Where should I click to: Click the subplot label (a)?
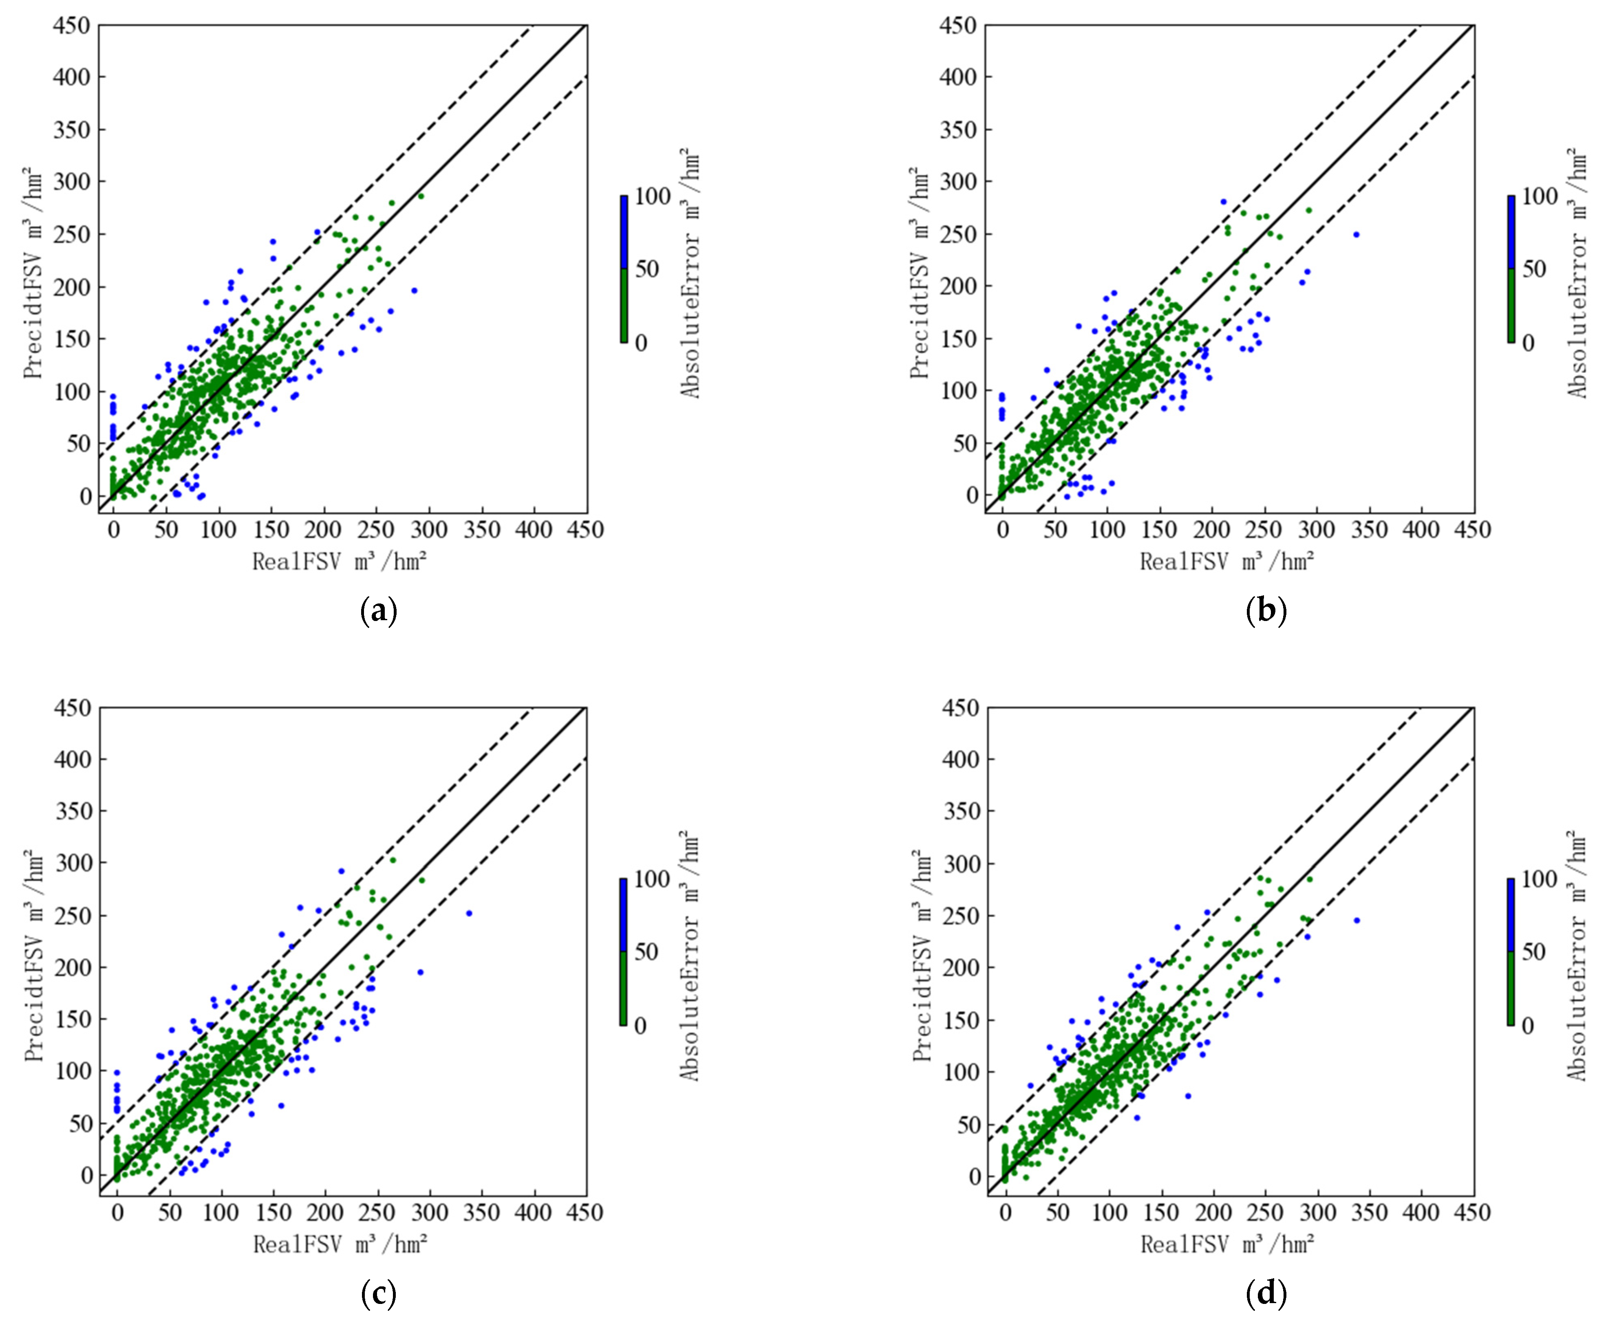[x=378, y=611]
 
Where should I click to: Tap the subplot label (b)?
[x=1266, y=611]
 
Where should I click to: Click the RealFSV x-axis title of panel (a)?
[x=339, y=562]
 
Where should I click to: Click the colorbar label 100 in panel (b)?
[x=1539, y=197]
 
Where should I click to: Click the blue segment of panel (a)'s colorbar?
[x=624, y=232]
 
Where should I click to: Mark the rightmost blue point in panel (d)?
[x=1357, y=920]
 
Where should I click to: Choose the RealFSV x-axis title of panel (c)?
[x=340, y=1244]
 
